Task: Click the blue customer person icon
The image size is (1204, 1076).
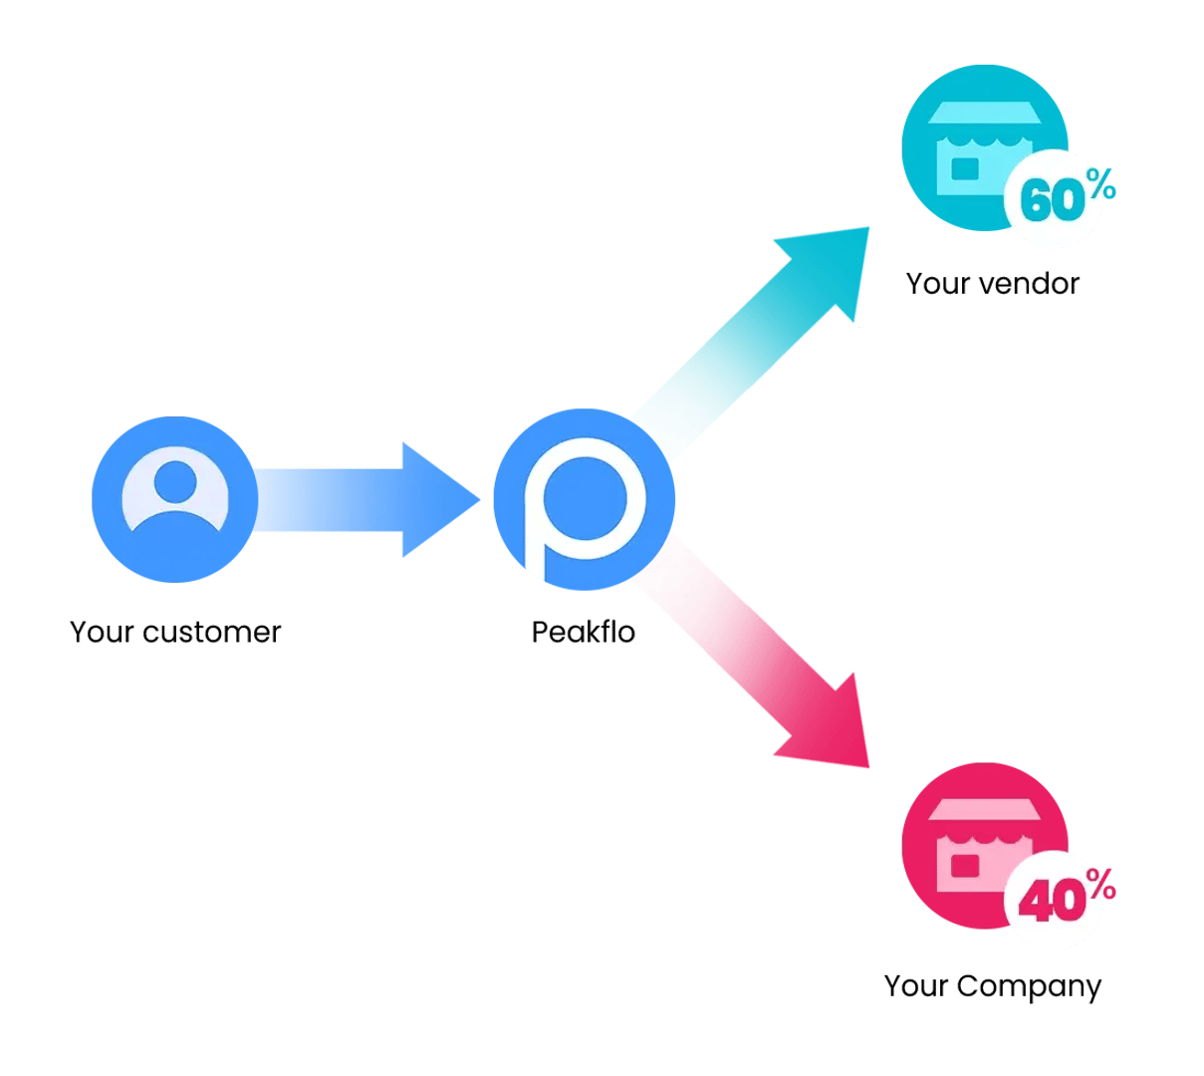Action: coord(175,498)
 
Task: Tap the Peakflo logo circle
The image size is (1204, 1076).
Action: coord(584,498)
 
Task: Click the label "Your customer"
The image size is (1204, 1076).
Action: coord(175,632)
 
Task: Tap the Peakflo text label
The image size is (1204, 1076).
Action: coord(584,632)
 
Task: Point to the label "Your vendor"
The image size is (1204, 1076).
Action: coord(992,283)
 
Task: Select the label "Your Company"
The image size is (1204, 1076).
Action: coord(993,985)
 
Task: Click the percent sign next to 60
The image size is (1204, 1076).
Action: coord(1100,183)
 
